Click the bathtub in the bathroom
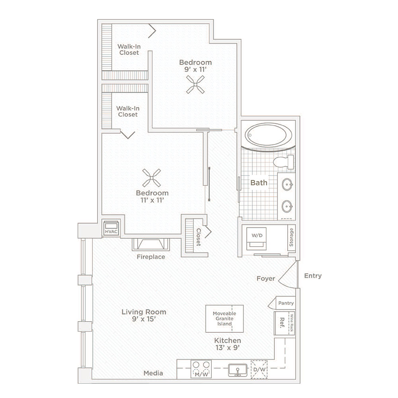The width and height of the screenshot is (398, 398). pos(268,135)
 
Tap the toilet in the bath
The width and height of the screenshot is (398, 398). pos(283,162)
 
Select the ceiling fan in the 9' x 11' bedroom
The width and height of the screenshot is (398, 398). pos(195,84)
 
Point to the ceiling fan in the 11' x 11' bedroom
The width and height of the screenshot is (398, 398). pos(152,178)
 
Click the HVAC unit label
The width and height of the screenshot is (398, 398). pos(111,232)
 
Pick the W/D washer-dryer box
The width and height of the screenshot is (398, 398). pos(257,238)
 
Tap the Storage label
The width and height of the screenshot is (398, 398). pos(291,237)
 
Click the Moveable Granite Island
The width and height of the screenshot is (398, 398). pos(224,318)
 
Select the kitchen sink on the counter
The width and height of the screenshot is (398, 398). pos(238,370)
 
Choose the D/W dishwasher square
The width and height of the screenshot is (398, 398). pos(259,369)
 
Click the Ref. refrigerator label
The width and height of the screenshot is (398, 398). pos(282,323)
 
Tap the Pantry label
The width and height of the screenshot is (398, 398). pos(286,303)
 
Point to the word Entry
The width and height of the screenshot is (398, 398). pos(313,276)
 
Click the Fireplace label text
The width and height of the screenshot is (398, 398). pos(151,257)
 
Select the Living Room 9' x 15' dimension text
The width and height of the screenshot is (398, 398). pos(144,319)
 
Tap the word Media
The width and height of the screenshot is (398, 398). pos(153,373)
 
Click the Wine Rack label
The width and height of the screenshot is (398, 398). pos(291,323)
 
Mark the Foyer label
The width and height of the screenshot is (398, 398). pos(266,279)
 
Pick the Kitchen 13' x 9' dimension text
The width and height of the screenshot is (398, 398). pos(228,348)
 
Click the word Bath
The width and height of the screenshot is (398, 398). pos(259,183)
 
